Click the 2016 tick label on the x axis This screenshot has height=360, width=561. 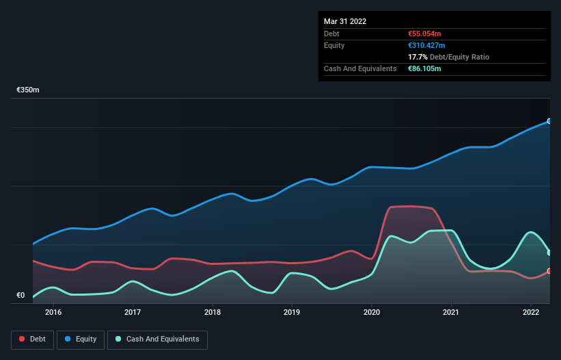(53, 312)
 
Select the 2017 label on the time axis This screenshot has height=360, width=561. (133, 312)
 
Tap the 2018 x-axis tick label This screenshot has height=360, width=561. (213, 312)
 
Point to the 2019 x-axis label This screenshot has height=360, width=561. (292, 312)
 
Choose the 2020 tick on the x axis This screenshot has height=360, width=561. (372, 312)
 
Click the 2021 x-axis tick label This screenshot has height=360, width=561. (451, 312)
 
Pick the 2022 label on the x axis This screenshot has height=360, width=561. (531, 312)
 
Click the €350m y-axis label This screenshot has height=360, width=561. (28, 90)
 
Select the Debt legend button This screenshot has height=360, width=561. (32, 339)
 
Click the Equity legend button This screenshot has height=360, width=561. (81, 339)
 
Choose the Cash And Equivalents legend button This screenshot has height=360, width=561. (157, 339)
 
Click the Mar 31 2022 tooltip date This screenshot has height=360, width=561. (345, 21)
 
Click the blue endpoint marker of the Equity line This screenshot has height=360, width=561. (549, 121)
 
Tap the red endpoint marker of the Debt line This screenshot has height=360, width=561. (549, 271)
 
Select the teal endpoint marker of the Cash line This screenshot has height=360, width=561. (549, 253)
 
